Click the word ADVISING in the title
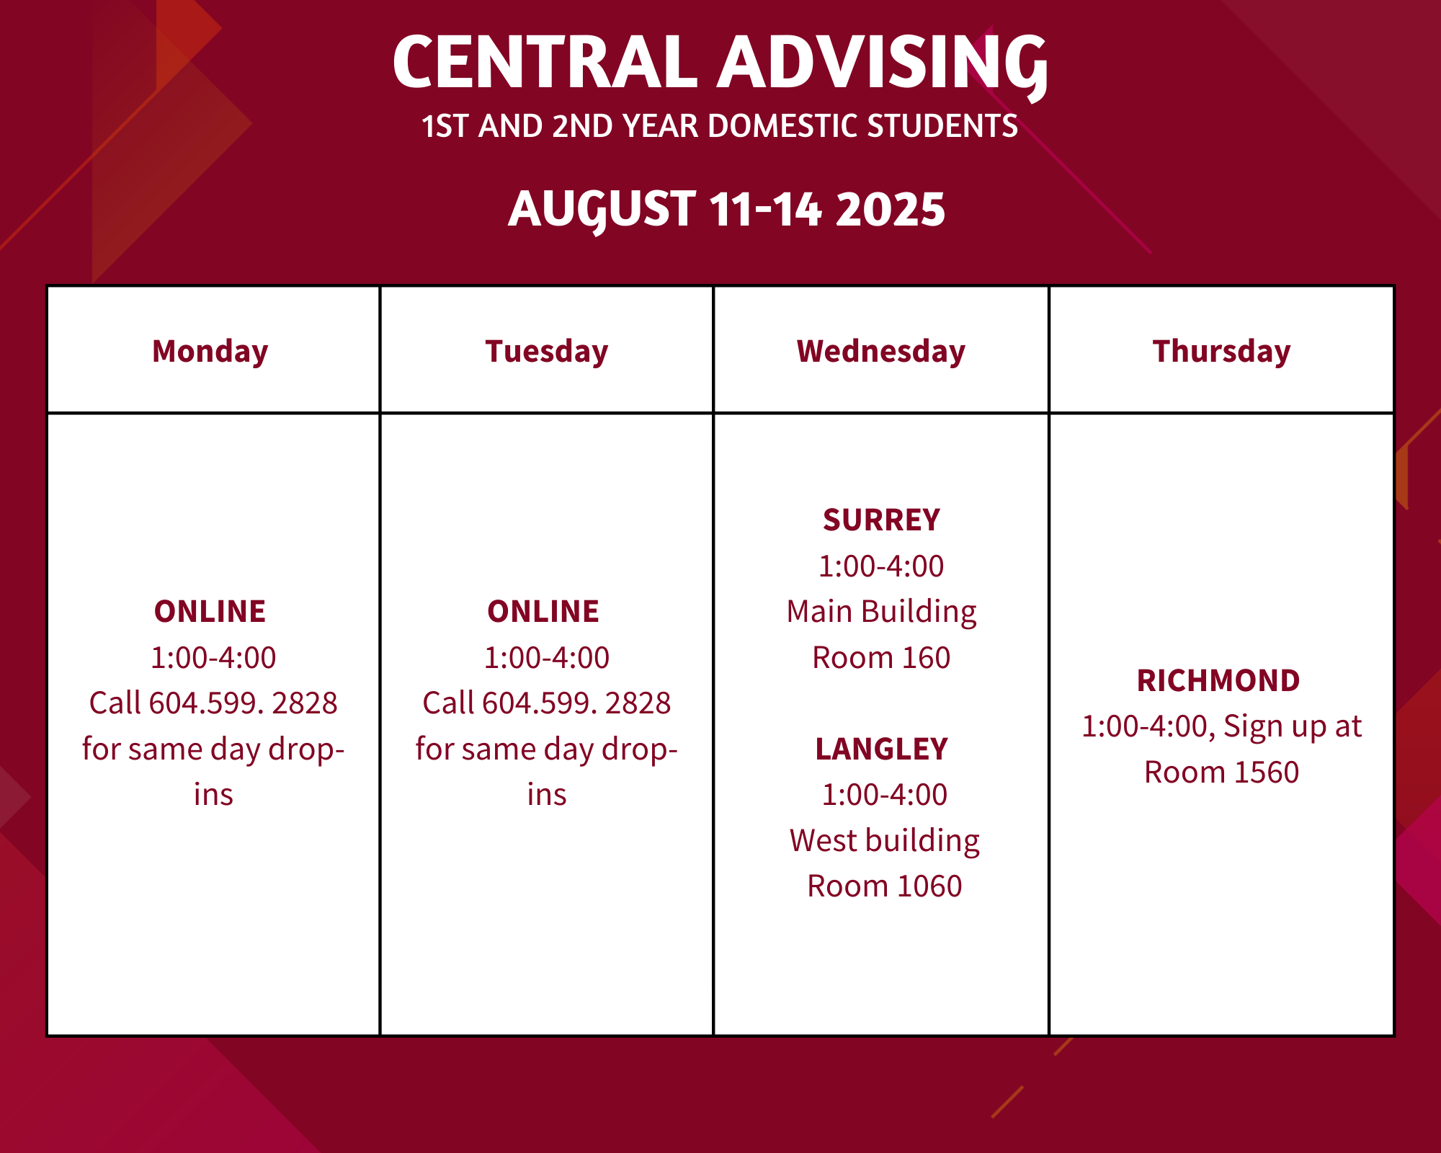click(x=883, y=65)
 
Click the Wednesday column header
click(x=881, y=352)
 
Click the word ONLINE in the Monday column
click(x=210, y=612)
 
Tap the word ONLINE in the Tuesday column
click(x=543, y=612)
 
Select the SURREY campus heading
click(x=882, y=520)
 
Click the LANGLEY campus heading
click(x=882, y=749)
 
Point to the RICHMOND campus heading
click(x=1219, y=681)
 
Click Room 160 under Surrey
click(x=882, y=658)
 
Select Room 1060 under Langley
click(x=885, y=886)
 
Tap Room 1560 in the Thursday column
click(x=1222, y=773)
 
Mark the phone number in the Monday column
click(x=244, y=703)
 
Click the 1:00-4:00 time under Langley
click(x=885, y=795)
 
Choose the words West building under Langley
click(x=885, y=841)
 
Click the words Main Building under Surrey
click(x=882, y=612)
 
